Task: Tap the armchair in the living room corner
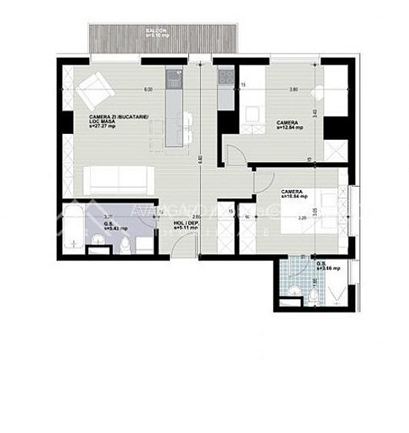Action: point(95,88)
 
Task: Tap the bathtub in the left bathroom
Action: point(73,225)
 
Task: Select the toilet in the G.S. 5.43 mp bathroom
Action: point(125,245)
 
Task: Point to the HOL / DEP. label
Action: point(186,226)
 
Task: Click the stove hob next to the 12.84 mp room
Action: point(226,76)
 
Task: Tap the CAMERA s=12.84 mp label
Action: point(289,125)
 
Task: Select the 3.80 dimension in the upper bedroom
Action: point(293,90)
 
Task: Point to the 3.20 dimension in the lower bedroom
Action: point(303,218)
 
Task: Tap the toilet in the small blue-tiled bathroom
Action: point(314,295)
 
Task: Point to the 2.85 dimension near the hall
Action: point(196,218)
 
